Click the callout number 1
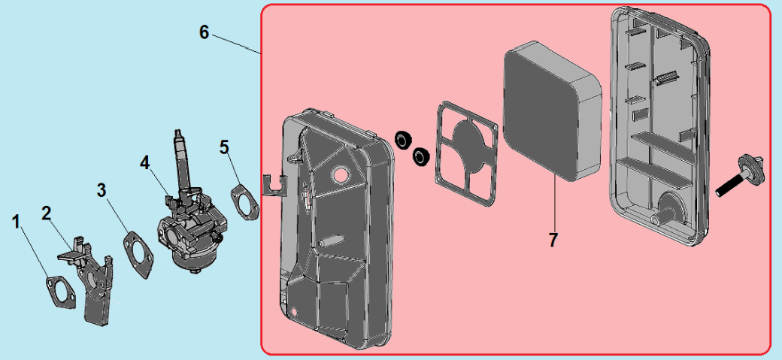point(17,222)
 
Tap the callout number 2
point(47,213)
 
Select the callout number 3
point(102,189)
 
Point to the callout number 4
point(144,162)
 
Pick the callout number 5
point(224,147)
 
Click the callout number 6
point(204,32)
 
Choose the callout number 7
point(553,240)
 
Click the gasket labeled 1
point(62,292)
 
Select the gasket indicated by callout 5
point(245,202)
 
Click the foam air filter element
point(553,110)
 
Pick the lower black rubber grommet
point(420,156)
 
